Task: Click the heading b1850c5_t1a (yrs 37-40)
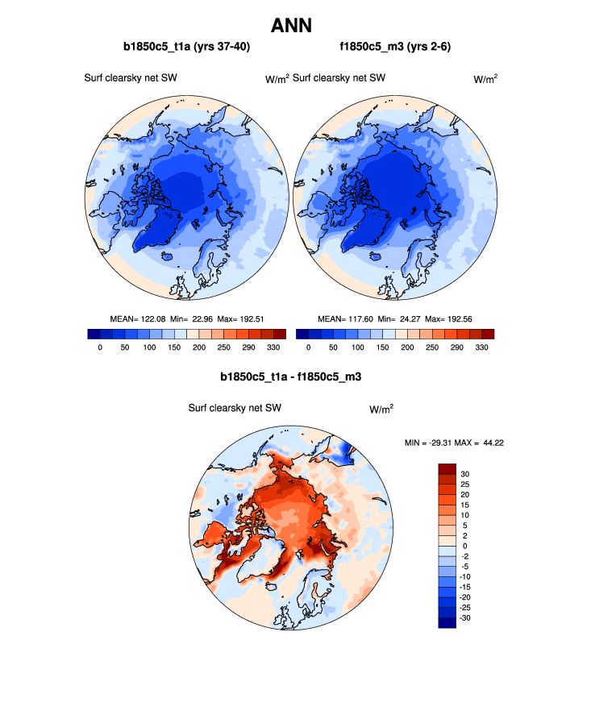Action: click(186, 47)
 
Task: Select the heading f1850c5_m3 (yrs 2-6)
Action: click(395, 47)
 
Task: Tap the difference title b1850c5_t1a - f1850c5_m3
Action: click(295, 376)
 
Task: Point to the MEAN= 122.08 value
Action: click(138, 319)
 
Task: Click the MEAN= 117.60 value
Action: click(347, 319)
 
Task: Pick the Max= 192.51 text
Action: click(243, 319)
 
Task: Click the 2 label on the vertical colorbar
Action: click(464, 535)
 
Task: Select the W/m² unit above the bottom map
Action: click(381, 409)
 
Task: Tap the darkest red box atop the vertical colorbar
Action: click(447, 468)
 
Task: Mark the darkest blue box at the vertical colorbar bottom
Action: click(447, 622)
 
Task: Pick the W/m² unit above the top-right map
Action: click(485, 78)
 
